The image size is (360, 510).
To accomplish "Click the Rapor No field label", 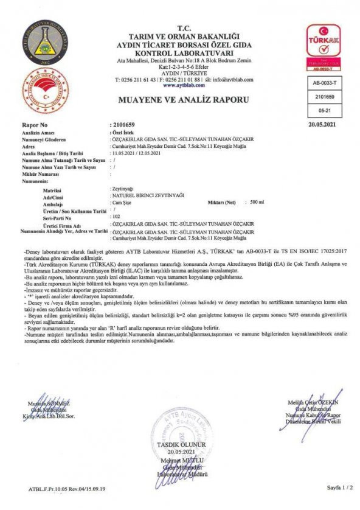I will (35, 125).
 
